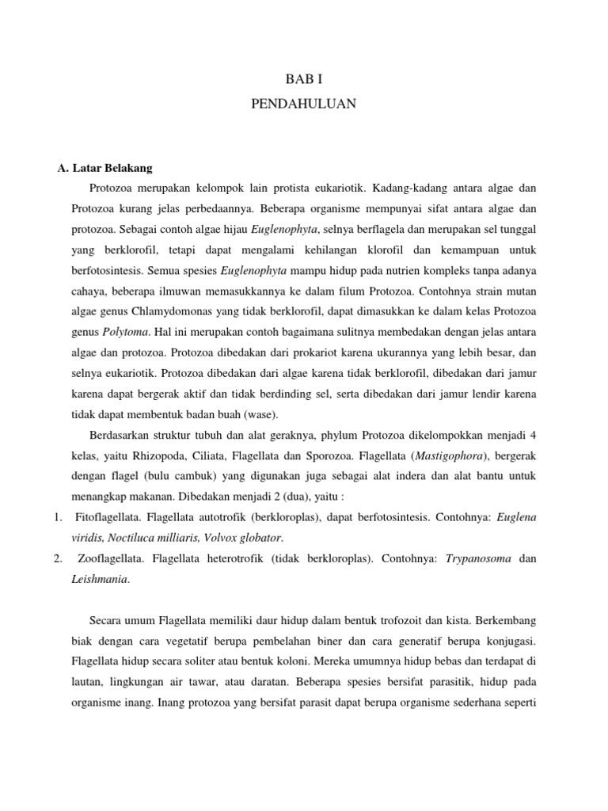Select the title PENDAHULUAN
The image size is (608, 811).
[304, 104]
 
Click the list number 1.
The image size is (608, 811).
[58, 517]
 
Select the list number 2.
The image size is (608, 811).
[58, 558]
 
